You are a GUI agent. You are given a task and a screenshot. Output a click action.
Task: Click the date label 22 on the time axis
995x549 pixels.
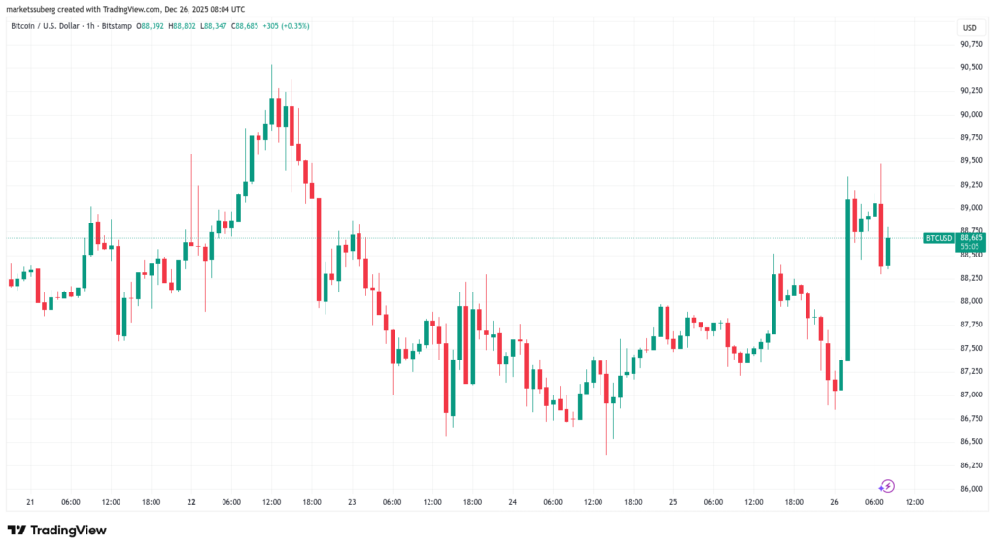point(191,502)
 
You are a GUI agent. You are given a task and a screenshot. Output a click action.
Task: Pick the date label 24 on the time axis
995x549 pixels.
point(511,502)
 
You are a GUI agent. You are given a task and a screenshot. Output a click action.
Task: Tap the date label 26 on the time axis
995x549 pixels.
point(832,502)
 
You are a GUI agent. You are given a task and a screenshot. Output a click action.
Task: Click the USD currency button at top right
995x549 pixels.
point(968,26)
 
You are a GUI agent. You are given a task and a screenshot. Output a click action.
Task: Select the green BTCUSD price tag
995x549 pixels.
point(938,237)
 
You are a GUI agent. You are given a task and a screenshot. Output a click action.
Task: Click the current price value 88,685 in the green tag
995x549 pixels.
point(971,237)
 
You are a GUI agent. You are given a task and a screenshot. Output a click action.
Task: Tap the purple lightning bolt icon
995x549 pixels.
point(886,486)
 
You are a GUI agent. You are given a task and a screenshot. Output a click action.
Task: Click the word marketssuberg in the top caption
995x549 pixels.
point(34,9)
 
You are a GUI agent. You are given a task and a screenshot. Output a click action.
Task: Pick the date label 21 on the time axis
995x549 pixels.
point(31,502)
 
